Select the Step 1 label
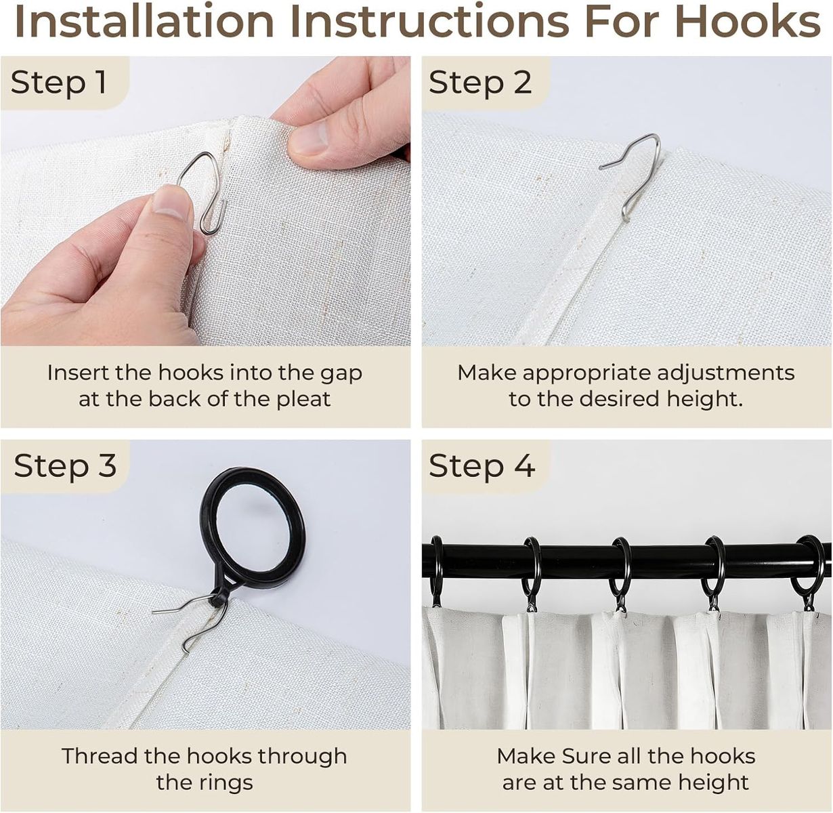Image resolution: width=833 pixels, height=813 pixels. (59, 82)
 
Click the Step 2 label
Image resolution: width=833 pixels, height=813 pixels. (480, 82)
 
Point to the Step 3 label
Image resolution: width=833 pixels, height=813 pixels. (65, 465)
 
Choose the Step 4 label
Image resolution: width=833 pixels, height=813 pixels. (482, 465)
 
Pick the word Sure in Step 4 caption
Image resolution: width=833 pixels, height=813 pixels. (587, 756)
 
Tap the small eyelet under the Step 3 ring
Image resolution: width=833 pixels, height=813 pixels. (218, 598)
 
